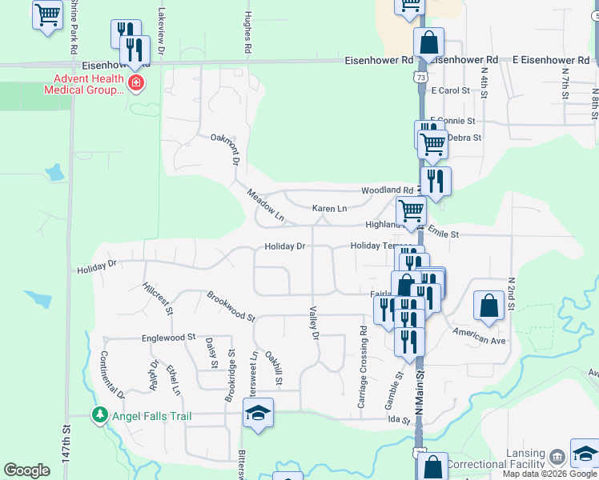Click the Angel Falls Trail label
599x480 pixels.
pyautogui.click(x=151, y=415)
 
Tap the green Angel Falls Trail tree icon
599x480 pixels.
pyautogui.click(x=100, y=415)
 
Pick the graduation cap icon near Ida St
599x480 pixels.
pyautogui.click(x=258, y=413)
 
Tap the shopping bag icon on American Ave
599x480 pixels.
pyautogui.click(x=488, y=305)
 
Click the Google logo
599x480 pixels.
pyautogui.click(x=26, y=470)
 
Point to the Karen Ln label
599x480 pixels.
pyautogui.click(x=329, y=209)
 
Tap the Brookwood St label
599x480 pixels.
pyautogui.click(x=230, y=306)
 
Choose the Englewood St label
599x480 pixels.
pyautogui.click(x=169, y=338)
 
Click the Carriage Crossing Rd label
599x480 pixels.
pyautogui.click(x=362, y=367)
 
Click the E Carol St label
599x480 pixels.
pyautogui.click(x=449, y=91)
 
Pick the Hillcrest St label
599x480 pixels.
pyautogui.click(x=156, y=297)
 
